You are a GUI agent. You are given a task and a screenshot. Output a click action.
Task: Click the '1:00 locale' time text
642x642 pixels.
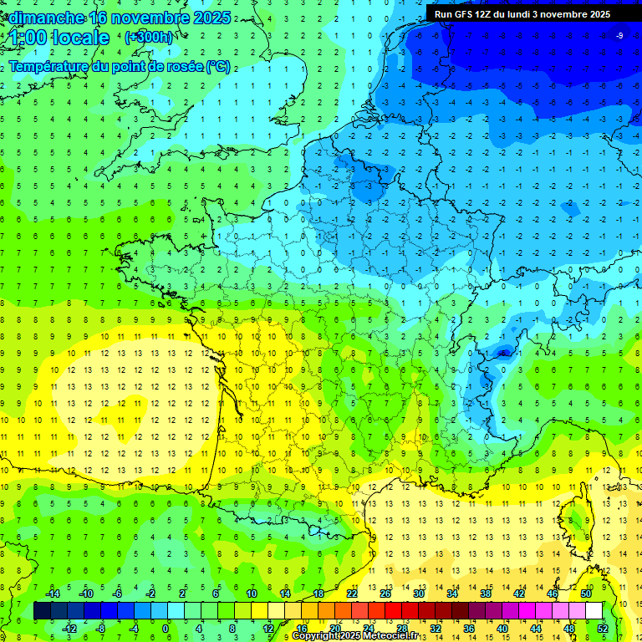click(59, 38)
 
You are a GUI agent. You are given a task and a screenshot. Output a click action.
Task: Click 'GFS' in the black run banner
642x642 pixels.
click(464, 14)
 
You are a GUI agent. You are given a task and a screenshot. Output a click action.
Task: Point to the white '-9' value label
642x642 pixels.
click(619, 35)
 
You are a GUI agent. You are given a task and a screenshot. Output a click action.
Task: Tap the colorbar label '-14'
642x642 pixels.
click(52, 594)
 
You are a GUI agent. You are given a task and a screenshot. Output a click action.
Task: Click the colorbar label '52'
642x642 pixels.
click(603, 629)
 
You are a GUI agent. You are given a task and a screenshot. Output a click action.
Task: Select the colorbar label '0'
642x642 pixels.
click(165, 629)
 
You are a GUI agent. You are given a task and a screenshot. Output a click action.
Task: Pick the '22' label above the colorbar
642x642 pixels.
click(352, 594)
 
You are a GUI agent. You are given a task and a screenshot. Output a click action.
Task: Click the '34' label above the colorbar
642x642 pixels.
click(451, 594)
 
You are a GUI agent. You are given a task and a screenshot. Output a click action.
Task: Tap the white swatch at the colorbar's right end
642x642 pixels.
click(594, 611)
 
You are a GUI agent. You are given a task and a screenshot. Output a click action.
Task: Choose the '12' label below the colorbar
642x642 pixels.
click(268, 629)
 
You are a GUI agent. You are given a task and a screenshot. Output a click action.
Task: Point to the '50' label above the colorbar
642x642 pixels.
click(585, 594)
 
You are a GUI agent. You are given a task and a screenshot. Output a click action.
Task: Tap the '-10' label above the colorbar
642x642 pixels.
click(85, 594)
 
